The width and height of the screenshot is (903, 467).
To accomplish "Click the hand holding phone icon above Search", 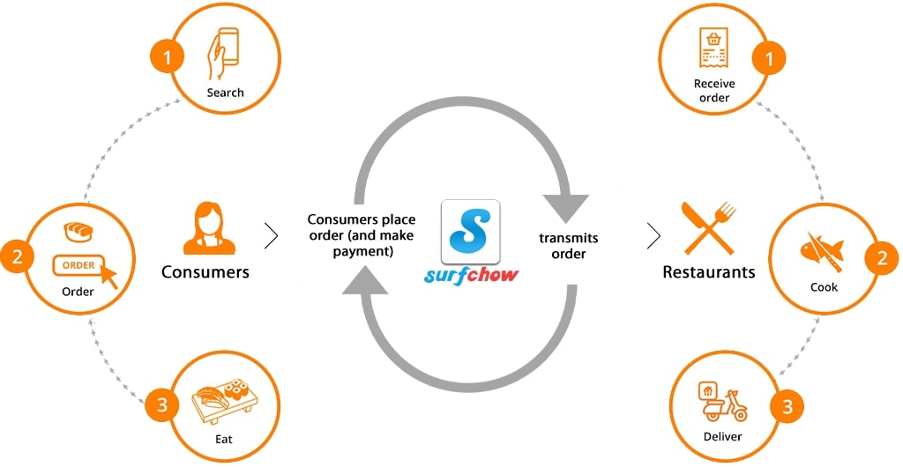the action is point(223,54).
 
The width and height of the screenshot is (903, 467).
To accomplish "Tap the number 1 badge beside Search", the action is point(167,57).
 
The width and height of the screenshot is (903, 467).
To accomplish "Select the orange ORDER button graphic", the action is point(78,265).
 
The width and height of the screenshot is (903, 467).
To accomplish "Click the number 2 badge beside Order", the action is point(18,256).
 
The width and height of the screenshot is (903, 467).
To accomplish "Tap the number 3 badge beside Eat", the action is point(162,405).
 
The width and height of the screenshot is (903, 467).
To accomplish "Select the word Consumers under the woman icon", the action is point(205,272).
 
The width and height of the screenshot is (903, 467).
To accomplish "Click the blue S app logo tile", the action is point(470,232).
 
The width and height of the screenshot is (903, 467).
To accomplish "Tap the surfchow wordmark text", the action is point(471,276).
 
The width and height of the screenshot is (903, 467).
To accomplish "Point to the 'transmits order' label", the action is point(569,246).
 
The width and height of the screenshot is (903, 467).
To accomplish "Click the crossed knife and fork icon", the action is point(708,228).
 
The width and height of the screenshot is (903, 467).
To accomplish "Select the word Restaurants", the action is point(708,272).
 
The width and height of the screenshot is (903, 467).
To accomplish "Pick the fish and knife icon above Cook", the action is point(823,251).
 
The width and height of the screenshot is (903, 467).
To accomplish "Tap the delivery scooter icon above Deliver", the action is point(722,402).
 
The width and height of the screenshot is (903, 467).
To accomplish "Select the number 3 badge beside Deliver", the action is point(787,407).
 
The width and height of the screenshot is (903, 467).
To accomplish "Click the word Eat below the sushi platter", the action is point(223,439).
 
